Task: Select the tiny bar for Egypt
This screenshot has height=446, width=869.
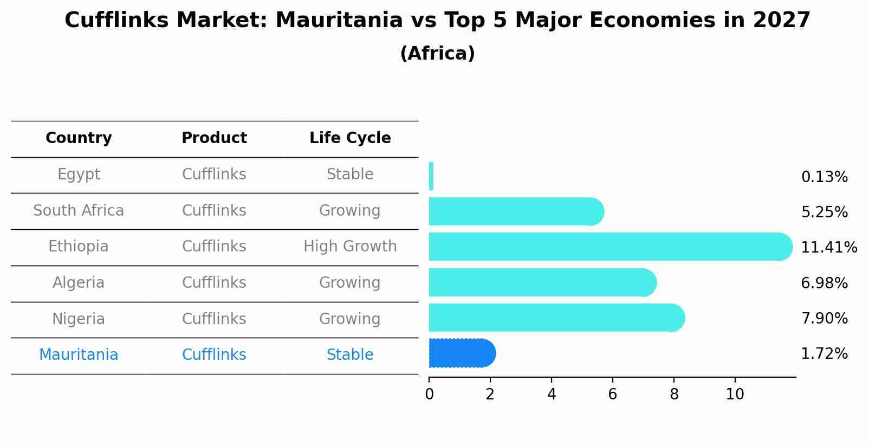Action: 431,176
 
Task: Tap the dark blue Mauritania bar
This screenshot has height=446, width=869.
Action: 461,353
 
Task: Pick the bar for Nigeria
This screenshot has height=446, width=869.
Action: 553,318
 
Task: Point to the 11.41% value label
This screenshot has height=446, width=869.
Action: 828,248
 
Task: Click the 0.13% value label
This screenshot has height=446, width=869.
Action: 824,177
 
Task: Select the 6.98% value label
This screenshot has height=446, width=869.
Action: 824,283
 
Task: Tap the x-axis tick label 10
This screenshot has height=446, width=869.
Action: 735,395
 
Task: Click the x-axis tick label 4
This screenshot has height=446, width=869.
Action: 552,395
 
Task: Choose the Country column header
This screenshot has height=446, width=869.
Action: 79,138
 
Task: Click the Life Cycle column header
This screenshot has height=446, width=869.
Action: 350,138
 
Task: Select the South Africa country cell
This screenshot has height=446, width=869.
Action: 79,210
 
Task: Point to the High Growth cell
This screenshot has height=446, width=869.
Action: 350,247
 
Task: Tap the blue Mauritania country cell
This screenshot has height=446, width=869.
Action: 79,355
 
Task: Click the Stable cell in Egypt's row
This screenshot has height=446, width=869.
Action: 350,174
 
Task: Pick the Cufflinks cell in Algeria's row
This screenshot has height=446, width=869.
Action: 214,283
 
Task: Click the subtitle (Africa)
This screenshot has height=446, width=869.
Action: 437,54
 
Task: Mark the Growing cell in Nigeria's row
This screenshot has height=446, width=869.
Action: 350,319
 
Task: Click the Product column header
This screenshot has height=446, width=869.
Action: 214,138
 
